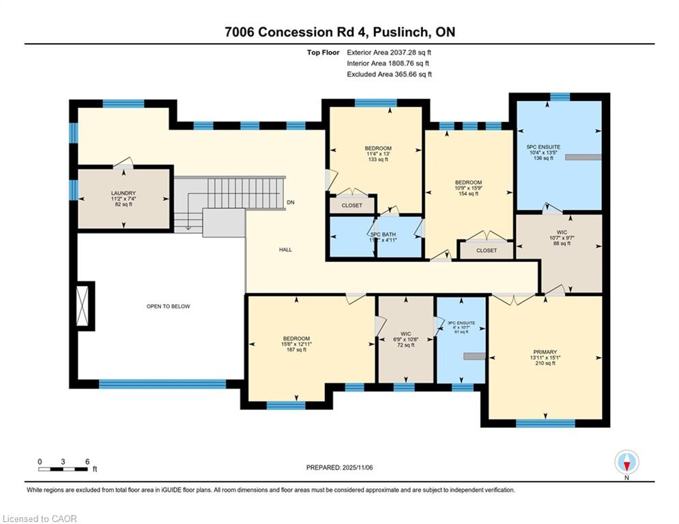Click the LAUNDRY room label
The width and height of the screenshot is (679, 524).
124,193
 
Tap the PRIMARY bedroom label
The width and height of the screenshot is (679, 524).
545,352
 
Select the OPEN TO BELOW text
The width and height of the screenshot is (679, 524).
168,306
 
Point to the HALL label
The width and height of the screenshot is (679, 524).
285,250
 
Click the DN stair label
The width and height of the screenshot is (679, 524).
291,203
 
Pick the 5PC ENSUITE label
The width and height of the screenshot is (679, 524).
543,147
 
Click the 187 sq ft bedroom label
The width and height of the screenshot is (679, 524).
297,338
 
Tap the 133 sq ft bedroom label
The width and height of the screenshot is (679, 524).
377,149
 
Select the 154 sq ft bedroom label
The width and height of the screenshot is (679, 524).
468,182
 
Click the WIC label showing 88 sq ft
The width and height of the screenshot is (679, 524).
562,232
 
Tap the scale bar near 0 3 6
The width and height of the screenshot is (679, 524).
63,469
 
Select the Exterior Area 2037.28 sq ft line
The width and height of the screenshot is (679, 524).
389,52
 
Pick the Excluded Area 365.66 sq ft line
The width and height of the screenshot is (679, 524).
389,74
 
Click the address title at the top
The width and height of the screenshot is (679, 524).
339,32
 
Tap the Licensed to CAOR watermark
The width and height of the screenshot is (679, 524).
40,519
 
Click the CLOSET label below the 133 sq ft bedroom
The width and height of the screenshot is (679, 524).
352,205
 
